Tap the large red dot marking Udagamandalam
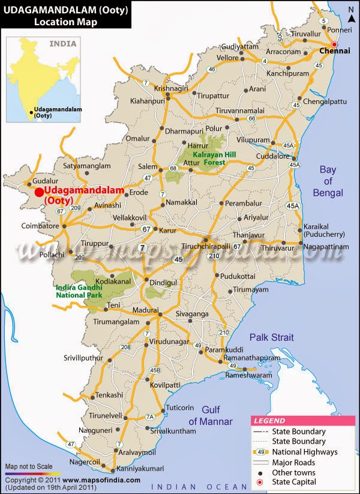coord(39,192)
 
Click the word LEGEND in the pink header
coord(269,421)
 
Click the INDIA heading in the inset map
coord(63,44)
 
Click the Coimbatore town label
coord(41,226)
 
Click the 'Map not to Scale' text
coord(29,466)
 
